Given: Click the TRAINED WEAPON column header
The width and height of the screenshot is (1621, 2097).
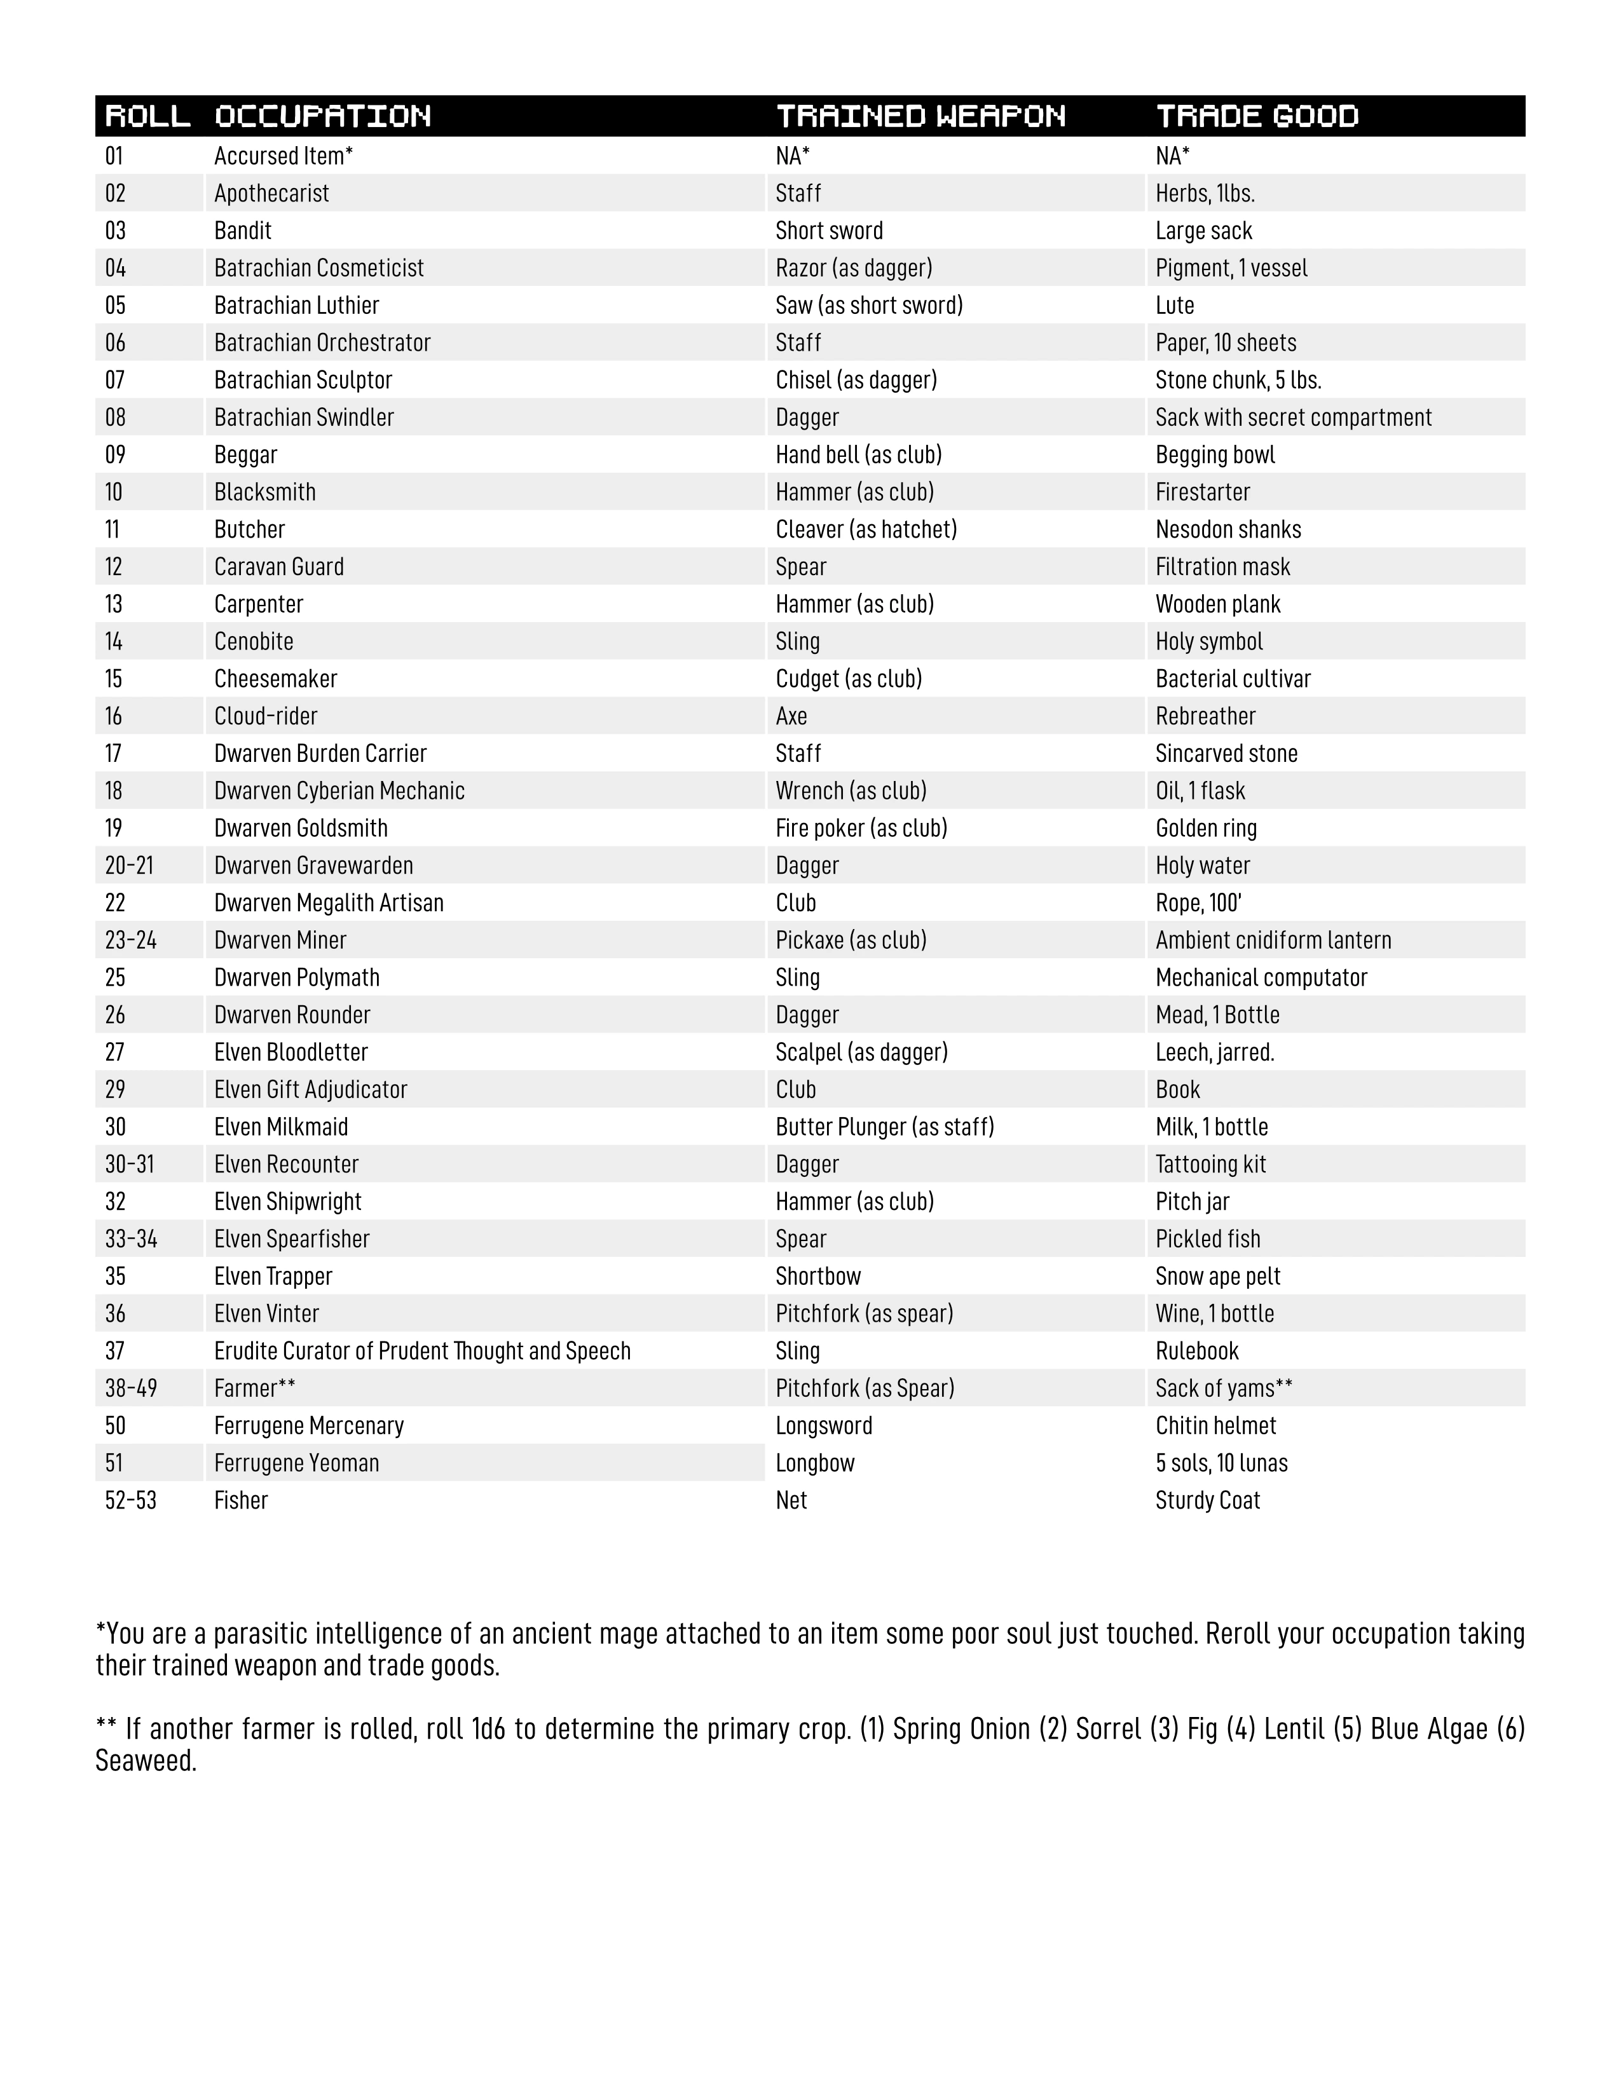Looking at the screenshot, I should coord(920,116).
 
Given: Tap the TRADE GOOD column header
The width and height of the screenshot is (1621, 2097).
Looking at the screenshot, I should coord(1257,116).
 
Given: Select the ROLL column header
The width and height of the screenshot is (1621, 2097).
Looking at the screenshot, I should coord(147,116).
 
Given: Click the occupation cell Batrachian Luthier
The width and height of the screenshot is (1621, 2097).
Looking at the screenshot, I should coord(297,305).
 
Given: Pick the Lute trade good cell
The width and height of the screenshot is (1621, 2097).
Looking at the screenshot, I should coord(1175,305).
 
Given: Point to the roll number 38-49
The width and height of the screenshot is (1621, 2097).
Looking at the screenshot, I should coord(130,1388).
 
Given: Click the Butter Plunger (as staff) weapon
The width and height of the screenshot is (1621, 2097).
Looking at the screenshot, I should coord(884,1127).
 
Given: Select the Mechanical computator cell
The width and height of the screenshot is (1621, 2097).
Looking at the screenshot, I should coord(1261,977).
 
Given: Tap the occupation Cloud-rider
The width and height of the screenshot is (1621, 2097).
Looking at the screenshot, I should coord(265,716).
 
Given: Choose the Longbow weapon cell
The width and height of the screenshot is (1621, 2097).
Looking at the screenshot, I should coord(814,1463).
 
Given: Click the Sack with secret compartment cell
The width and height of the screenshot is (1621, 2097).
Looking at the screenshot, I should coord(1292,417).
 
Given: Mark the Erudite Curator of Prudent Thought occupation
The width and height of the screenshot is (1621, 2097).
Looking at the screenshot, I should coord(423,1351).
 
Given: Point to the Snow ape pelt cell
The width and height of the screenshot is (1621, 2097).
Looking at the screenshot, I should coord(1218,1276).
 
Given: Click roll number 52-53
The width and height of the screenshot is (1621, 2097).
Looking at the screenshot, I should coord(130,1501).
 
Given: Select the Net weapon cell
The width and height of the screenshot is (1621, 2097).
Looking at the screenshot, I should coord(791,1501).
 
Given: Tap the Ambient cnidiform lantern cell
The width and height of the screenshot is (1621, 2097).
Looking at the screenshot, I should coord(1273,940).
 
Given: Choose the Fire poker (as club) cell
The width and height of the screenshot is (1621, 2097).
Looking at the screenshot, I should coord(861,829).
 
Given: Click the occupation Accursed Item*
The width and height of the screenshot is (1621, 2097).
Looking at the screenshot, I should coord(284,156).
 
